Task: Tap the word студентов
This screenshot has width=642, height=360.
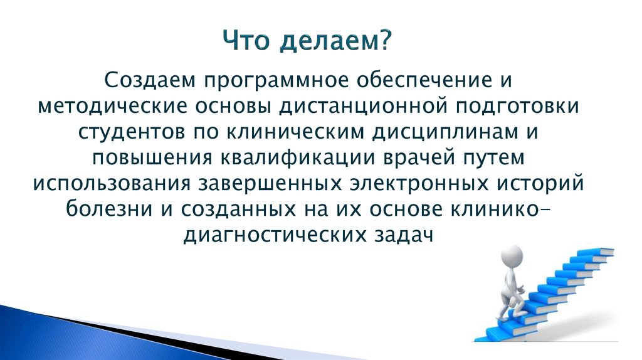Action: point(131,133)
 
